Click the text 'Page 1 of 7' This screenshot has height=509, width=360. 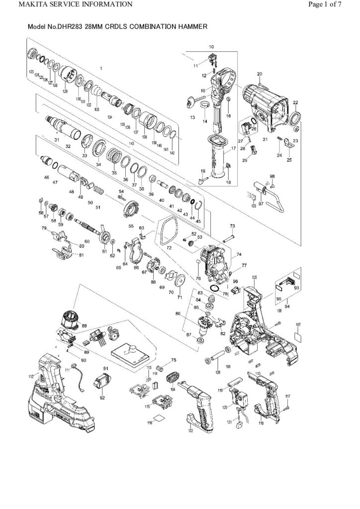325,4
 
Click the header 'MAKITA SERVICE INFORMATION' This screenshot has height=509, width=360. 68,4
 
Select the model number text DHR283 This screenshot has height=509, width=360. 71,25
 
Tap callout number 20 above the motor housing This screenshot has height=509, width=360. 259,74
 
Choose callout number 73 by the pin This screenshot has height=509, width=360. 232,226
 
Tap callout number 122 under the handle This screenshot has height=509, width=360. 190,431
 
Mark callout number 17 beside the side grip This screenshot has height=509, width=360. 233,149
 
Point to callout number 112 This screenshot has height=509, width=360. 31,376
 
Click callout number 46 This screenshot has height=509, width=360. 46,177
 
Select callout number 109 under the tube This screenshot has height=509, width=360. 217,372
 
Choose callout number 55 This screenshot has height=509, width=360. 131,226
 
